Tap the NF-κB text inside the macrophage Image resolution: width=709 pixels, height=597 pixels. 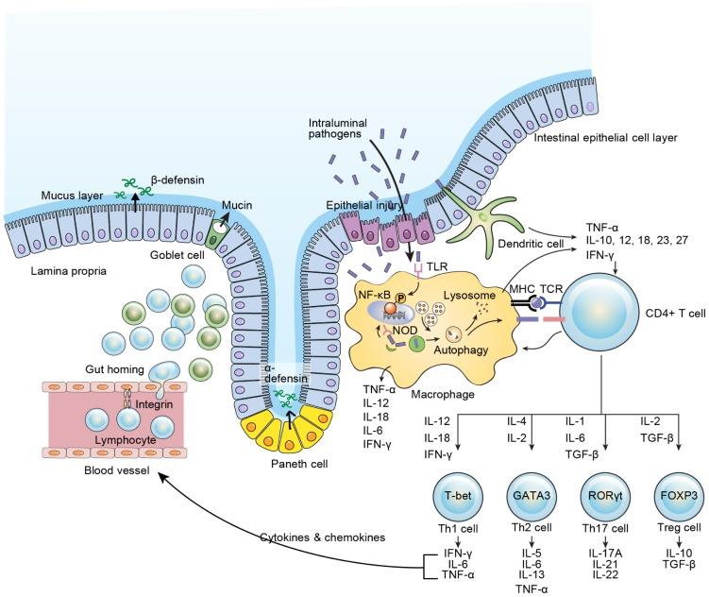point(375,270)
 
